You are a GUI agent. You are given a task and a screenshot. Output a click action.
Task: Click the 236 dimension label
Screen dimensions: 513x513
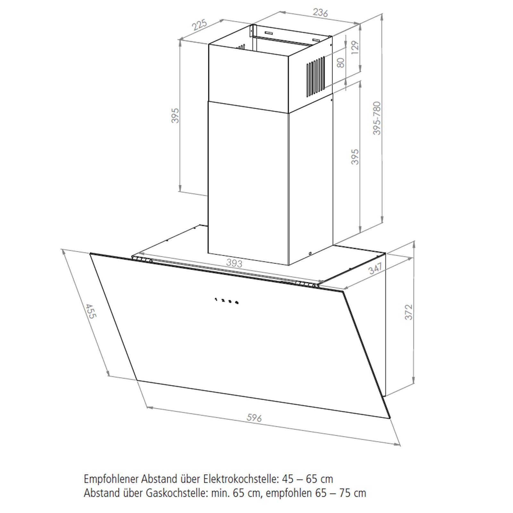coord(320,13)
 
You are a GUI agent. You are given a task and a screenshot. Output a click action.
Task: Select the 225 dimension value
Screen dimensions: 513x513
coord(199,25)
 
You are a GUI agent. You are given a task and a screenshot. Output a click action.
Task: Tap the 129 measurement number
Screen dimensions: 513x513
coord(354,48)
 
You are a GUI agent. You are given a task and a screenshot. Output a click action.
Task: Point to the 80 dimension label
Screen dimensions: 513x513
coord(341,63)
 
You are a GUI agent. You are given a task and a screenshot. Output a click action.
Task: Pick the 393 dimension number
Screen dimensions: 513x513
coord(234,263)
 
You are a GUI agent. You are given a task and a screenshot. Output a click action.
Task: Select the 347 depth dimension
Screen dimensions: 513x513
coord(375,268)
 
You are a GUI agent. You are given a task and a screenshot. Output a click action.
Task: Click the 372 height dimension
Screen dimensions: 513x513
coord(408,312)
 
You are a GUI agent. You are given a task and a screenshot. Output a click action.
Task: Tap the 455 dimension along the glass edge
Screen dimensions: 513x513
coord(91,311)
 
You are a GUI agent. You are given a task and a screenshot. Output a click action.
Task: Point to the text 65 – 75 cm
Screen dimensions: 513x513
coord(340,493)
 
